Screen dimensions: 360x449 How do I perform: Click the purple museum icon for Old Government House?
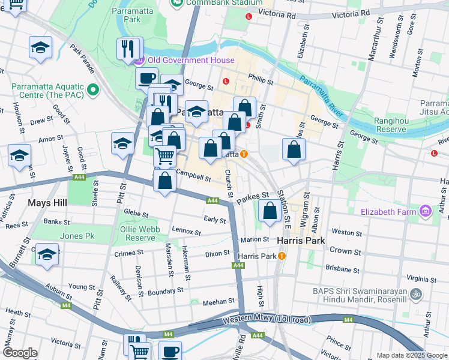139,61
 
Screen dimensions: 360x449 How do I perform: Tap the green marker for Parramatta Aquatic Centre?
92,91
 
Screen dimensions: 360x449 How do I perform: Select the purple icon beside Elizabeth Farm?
426,211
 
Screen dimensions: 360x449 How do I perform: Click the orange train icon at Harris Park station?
281,256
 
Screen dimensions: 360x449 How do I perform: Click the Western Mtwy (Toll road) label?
266,319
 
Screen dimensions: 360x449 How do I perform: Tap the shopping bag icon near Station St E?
270,211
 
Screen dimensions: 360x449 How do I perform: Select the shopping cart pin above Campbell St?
164,157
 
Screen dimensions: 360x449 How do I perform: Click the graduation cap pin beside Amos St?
122,144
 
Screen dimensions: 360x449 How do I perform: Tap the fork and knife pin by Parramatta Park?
127,49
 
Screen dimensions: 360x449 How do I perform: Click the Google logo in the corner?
20,353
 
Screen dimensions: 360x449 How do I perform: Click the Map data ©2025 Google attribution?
411,355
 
